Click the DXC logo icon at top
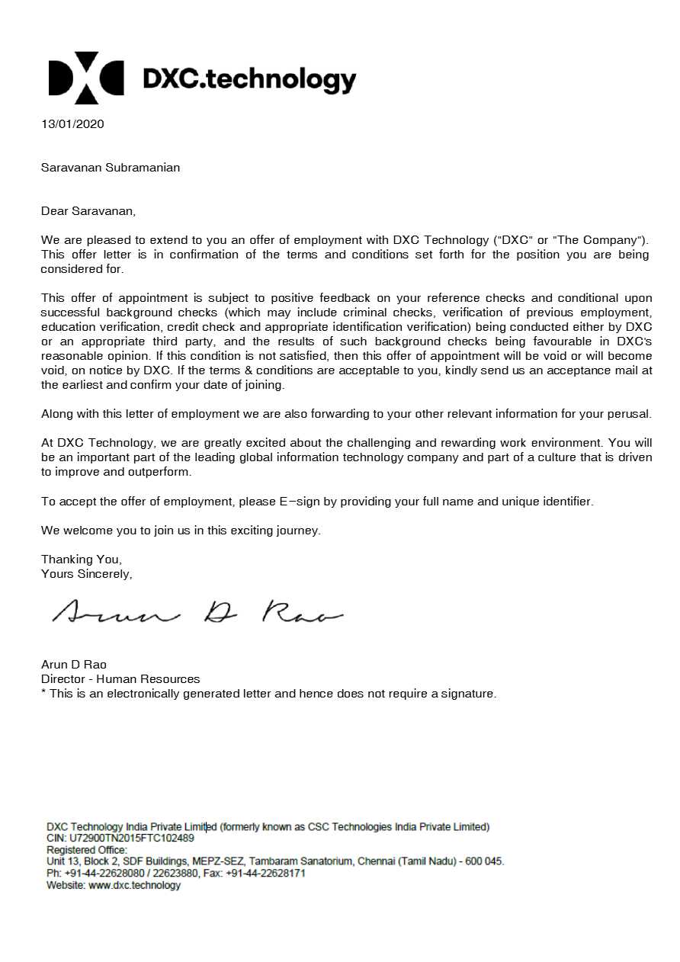point(85,78)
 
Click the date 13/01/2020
point(72,123)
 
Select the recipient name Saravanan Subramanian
point(111,167)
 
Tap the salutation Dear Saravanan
point(88,210)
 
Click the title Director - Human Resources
point(120,678)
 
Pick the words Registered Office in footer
point(87,850)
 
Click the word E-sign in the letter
point(298,502)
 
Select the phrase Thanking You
point(81,560)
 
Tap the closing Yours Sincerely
point(86,573)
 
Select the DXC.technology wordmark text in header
point(249,79)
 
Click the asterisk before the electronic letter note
point(43,693)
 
